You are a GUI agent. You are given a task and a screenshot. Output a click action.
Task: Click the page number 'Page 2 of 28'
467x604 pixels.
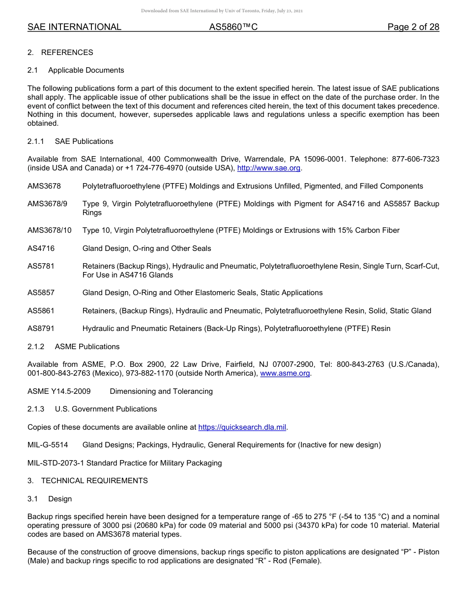413,27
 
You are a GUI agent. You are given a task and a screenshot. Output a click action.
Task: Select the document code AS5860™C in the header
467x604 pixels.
233,27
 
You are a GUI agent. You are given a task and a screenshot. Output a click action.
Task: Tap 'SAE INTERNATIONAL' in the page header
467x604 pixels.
74,27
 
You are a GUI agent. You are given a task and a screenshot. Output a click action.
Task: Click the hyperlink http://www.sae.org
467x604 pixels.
268,168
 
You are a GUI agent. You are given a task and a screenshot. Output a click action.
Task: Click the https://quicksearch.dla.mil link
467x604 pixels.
242,427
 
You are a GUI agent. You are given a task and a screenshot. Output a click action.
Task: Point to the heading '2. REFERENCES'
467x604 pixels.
60,53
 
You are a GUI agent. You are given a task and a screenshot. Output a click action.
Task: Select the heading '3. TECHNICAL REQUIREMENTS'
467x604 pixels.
88,481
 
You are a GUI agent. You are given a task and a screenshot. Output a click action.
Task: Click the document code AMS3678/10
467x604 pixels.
49,230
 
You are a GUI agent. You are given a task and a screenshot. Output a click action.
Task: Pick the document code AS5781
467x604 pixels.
41,266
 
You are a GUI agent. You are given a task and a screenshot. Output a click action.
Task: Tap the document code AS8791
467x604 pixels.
41,329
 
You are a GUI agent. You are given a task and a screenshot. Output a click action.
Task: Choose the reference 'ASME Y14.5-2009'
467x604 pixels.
59,391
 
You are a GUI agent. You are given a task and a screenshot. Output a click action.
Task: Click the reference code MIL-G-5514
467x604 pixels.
48,445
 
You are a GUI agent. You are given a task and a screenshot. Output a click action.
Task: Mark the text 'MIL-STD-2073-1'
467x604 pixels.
56,463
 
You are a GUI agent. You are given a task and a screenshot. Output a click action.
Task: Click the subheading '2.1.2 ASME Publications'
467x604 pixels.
73,347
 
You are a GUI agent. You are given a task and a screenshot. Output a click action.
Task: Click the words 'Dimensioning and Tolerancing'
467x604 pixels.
161,391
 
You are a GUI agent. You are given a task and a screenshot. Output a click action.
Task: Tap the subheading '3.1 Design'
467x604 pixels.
50,499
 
